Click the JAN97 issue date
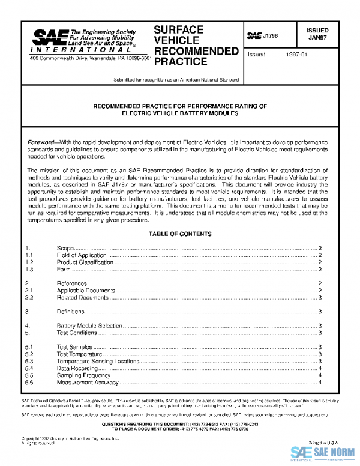point(317,37)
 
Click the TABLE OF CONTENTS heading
point(178,234)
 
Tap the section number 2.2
point(29,297)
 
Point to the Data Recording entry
point(77,368)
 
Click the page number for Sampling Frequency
point(321,375)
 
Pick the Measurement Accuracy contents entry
point(88,382)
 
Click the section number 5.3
point(29,361)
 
